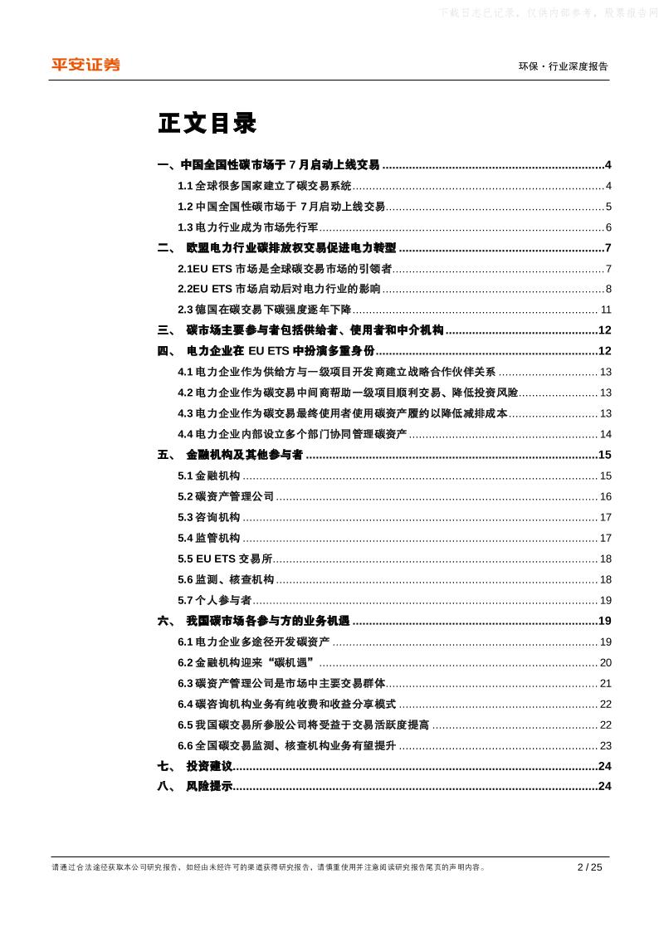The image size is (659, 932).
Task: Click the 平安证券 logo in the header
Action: [x=85, y=65]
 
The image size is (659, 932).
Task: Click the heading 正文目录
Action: [x=207, y=124]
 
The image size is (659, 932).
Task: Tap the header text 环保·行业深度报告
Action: [x=563, y=66]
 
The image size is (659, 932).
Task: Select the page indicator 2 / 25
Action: [x=589, y=867]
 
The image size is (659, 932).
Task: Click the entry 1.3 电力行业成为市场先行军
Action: [x=248, y=227]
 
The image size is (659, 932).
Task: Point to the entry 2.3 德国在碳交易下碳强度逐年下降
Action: [x=263, y=310]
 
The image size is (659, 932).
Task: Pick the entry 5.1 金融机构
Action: [x=209, y=476]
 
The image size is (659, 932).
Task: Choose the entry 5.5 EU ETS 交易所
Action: [x=225, y=559]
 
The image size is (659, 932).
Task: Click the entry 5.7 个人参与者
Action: [x=214, y=600]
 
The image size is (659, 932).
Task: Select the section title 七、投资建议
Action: [x=195, y=766]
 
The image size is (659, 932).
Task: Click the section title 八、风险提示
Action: [x=195, y=787]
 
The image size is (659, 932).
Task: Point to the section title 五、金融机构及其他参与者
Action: [x=230, y=455]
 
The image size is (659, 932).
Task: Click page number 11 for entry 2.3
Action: [x=606, y=310]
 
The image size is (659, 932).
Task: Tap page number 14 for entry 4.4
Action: [x=606, y=434]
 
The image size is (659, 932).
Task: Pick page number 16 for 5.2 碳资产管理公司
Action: [x=606, y=496]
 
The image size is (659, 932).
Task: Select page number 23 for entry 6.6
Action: [x=606, y=745]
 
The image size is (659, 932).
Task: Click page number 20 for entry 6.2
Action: [x=606, y=662]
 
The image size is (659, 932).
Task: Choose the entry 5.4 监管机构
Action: [x=209, y=538]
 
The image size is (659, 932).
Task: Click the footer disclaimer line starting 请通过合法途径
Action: [x=268, y=867]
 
